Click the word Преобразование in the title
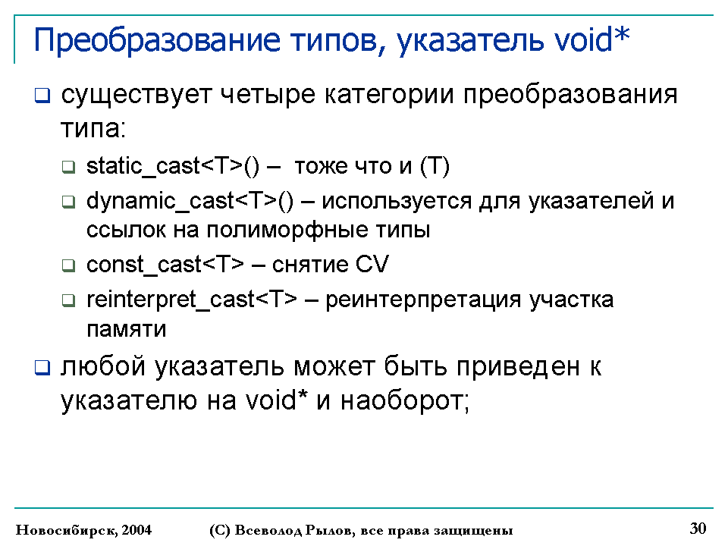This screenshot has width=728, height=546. pos(157,40)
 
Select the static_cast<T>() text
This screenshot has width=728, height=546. pos(173,166)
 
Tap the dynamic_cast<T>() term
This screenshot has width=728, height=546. pos(190,202)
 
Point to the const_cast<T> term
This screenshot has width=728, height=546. pos(165,265)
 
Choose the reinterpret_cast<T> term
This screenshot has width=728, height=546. pos(192,300)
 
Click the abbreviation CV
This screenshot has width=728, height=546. pos(372,264)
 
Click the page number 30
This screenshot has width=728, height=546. pos(698,529)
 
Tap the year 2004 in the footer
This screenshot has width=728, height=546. pos(136,530)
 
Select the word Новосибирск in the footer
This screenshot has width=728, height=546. pos(67,530)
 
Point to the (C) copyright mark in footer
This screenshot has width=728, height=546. pos(220,530)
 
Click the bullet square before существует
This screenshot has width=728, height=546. pos(42,96)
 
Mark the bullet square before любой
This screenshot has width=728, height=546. pos(42,368)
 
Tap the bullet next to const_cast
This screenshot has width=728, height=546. pos(69,265)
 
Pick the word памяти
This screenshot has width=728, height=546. pos(127,329)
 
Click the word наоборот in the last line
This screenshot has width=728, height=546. pos(405,400)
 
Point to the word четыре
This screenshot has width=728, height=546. pos(268,96)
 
